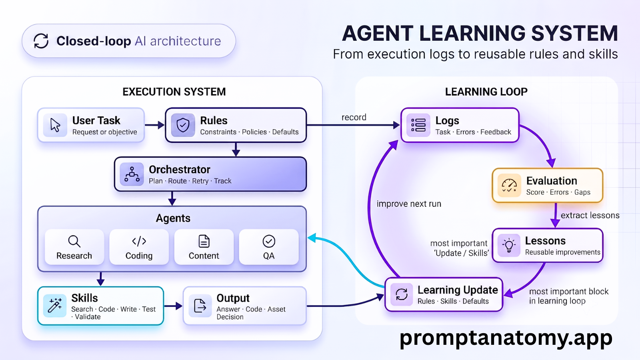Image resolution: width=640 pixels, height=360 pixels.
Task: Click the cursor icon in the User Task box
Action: (x=55, y=125)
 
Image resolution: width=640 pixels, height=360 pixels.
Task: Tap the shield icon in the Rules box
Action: (x=183, y=125)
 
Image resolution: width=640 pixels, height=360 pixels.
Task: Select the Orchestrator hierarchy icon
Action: (x=132, y=174)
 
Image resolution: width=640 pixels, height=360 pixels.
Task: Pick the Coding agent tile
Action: (x=139, y=247)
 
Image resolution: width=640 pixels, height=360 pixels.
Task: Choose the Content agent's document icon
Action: (x=204, y=241)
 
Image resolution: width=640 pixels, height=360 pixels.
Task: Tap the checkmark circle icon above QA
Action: (x=269, y=242)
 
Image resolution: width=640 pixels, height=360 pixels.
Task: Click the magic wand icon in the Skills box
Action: (x=55, y=306)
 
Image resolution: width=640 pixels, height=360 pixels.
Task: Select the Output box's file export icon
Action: (x=200, y=306)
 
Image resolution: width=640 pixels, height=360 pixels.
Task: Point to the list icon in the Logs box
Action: (x=418, y=125)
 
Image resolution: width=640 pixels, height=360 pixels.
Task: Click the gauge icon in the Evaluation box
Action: (x=509, y=186)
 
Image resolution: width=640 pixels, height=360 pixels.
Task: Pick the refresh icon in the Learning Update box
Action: (x=402, y=294)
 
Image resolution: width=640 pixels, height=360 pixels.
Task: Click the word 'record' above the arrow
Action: (x=354, y=117)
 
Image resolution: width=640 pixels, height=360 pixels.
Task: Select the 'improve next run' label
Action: (x=409, y=204)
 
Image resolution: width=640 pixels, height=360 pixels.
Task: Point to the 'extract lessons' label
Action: (x=590, y=215)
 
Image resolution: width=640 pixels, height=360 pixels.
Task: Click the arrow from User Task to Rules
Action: (x=154, y=125)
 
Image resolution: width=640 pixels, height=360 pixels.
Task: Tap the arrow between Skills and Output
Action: (x=173, y=306)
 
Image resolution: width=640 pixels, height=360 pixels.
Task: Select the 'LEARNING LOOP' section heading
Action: (x=486, y=92)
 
